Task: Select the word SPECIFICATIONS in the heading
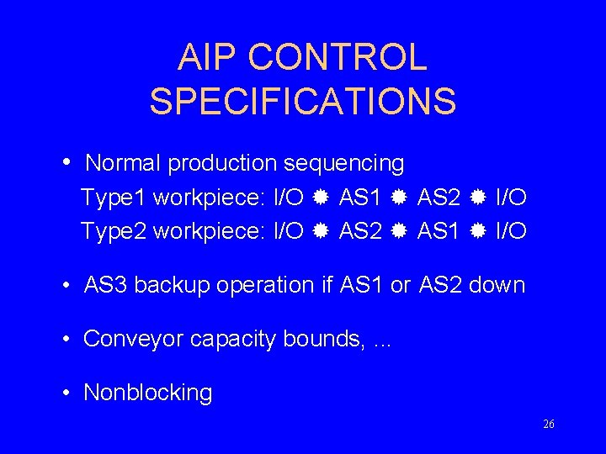point(303,102)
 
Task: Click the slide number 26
point(549,425)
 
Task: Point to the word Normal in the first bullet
point(124,163)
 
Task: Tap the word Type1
point(114,198)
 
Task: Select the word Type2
point(114,230)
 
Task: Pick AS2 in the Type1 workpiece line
point(439,198)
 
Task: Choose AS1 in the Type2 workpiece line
point(439,230)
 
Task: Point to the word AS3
point(106,285)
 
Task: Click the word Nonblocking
point(148,393)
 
